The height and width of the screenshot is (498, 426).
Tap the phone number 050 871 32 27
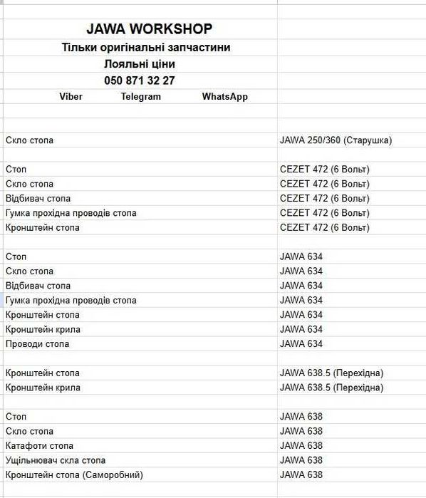tap(139, 81)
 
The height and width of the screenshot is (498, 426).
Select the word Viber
tap(71, 97)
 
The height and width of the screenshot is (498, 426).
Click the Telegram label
tap(141, 97)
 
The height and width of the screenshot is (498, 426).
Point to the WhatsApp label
tap(224, 97)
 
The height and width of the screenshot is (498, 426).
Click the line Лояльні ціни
tap(139, 64)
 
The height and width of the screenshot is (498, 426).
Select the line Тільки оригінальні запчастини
tap(146, 48)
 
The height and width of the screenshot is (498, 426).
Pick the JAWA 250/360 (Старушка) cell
tap(336, 140)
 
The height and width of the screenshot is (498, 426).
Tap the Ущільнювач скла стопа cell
tap(56, 460)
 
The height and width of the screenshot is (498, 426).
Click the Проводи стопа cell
tap(37, 344)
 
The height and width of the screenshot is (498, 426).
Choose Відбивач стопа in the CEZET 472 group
tap(38, 198)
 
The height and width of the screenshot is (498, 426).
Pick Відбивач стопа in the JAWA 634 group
tap(38, 286)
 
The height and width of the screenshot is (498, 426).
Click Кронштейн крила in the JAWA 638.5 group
tap(43, 388)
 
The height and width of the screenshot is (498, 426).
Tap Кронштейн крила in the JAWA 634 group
tap(43, 329)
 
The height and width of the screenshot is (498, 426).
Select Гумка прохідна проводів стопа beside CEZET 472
tap(71, 213)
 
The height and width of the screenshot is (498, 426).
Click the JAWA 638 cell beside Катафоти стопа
tap(301, 445)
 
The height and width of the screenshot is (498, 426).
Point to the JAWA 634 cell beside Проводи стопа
tap(301, 344)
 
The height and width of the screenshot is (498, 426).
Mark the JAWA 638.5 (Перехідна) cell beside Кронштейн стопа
tap(331, 373)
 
